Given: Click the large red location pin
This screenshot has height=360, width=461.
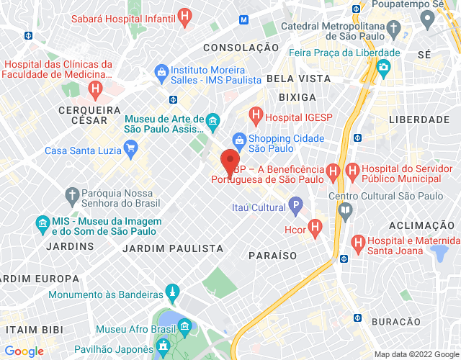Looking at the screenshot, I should click(x=230, y=162).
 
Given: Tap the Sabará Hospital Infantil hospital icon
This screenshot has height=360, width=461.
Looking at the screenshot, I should click(x=185, y=16).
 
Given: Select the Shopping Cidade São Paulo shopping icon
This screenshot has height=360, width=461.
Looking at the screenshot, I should click(x=238, y=140).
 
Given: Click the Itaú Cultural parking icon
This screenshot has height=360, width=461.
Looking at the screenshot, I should click(x=295, y=207).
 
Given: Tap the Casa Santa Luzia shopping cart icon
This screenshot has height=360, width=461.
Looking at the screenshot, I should click(x=130, y=150).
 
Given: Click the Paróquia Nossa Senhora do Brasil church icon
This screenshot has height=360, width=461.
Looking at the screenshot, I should click(x=71, y=194).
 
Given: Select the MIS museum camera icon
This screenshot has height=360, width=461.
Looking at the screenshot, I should click(x=42, y=222).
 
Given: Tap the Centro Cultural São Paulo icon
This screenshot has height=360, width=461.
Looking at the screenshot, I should click(x=345, y=210).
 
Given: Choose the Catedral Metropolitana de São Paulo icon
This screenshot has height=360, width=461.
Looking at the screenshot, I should click(x=393, y=30).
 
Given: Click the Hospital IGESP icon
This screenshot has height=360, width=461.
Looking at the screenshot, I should click(x=255, y=114).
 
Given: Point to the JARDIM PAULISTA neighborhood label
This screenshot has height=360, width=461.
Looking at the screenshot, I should click(x=173, y=248).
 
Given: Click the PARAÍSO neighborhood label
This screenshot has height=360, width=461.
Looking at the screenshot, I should click(x=273, y=256).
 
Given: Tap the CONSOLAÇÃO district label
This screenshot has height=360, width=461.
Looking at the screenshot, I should click(x=241, y=48).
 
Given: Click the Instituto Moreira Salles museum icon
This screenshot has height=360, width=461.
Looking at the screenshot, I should click(x=161, y=72).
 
